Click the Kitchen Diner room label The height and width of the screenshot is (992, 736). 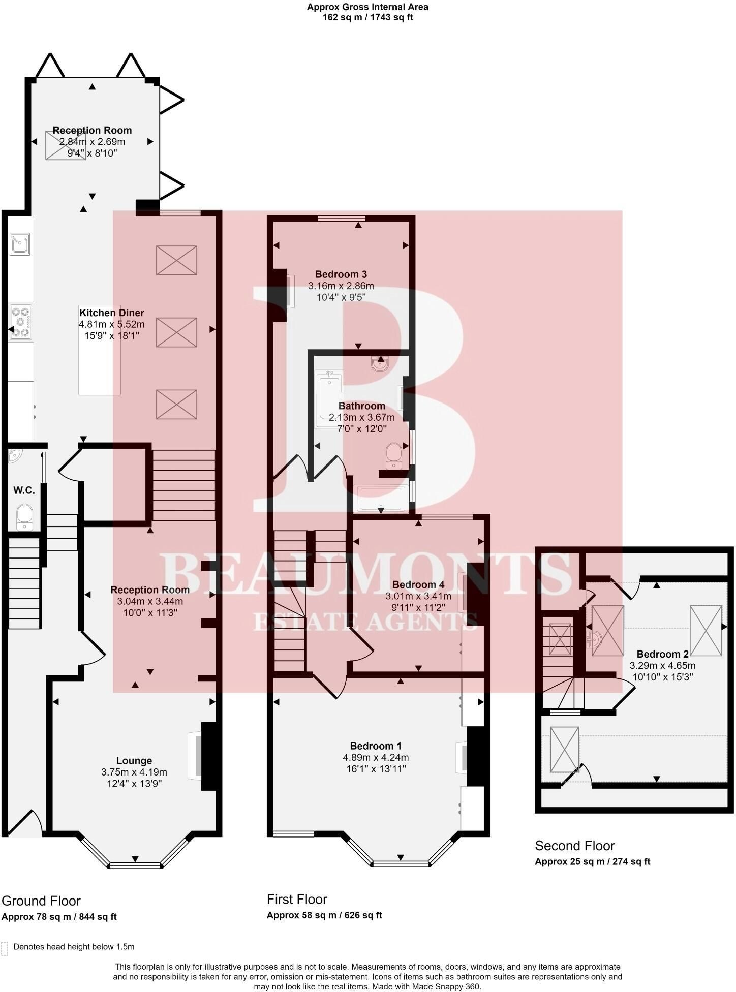(x=112, y=313)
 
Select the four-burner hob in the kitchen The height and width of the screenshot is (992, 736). (x=20, y=322)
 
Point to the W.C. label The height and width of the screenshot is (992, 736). (x=24, y=490)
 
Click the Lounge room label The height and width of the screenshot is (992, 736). (x=134, y=760)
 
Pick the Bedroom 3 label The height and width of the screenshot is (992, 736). (x=341, y=274)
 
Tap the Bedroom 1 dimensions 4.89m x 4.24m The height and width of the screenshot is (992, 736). (x=376, y=757)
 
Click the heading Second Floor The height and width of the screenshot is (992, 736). (x=575, y=846)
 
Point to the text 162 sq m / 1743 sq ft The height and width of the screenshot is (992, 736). (x=367, y=17)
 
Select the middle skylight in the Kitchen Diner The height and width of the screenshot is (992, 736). (x=176, y=332)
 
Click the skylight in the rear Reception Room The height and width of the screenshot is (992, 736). (x=66, y=145)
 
